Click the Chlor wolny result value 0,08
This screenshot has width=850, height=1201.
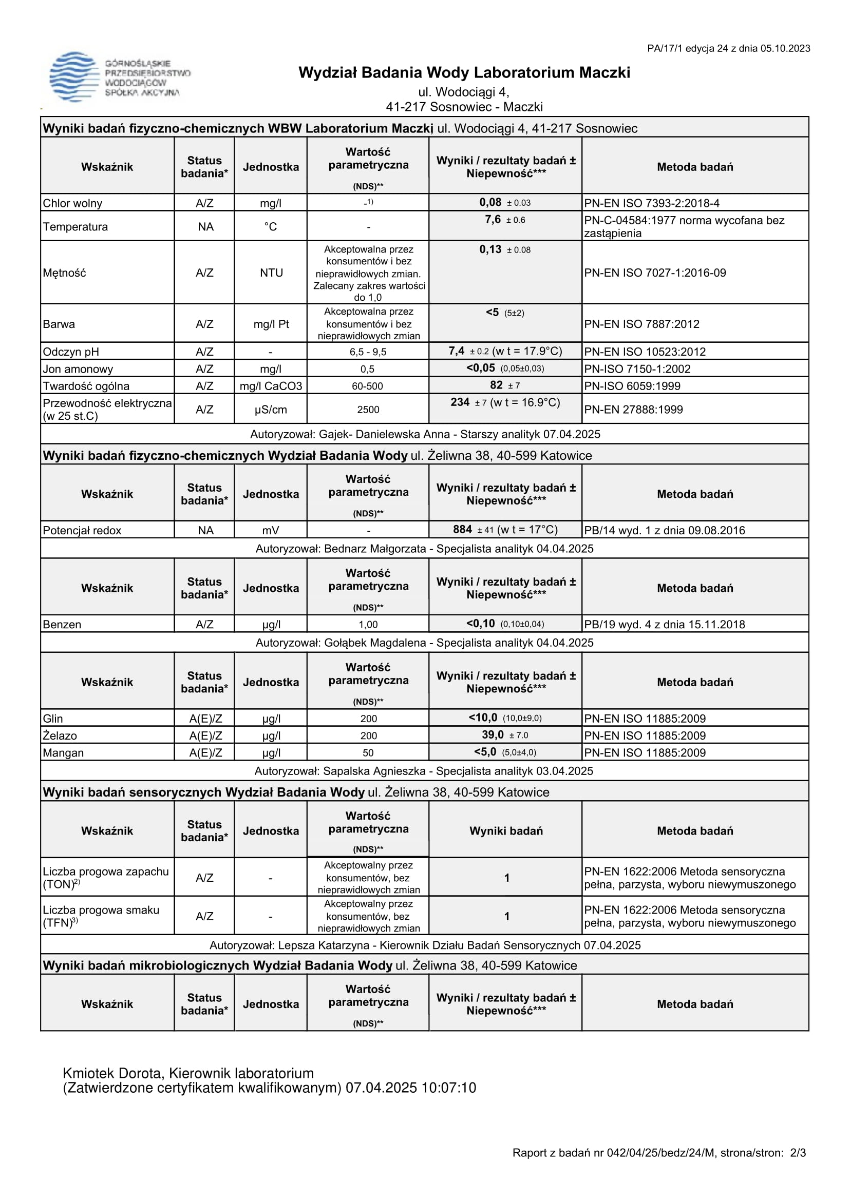pyautogui.click(x=490, y=202)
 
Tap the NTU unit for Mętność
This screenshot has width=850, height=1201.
pyautogui.click(x=271, y=273)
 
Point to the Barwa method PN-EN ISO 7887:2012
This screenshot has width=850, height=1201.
pyautogui.click(x=641, y=324)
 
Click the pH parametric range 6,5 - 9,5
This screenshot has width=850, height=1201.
pyautogui.click(x=368, y=352)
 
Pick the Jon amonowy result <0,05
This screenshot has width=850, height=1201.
pyautogui.click(x=481, y=368)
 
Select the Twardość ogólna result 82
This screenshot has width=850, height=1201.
pyautogui.click(x=496, y=385)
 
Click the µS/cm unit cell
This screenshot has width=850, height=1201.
pyautogui.click(x=271, y=410)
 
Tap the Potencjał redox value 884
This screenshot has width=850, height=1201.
pyautogui.click(x=463, y=529)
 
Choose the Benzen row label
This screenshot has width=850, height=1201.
pyautogui.click(x=62, y=624)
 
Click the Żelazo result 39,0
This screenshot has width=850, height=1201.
pyautogui.click(x=493, y=735)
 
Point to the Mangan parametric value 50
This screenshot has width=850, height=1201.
pyautogui.click(x=368, y=753)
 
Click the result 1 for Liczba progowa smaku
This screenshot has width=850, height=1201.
pyautogui.click(x=506, y=916)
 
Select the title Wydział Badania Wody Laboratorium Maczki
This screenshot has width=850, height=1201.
pyautogui.click(x=464, y=72)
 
